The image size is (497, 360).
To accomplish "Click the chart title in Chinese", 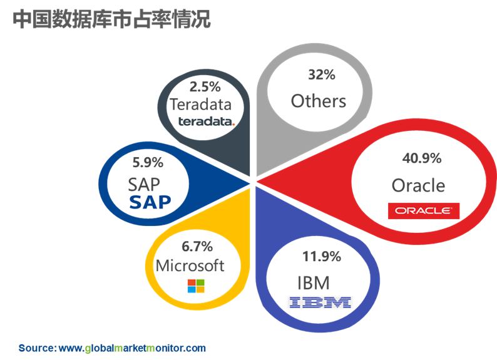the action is point(111,19).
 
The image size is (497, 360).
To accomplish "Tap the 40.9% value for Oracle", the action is point(422,158).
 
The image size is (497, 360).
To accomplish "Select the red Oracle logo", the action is point(424,211).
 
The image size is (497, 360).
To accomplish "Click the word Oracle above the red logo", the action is point(418,185).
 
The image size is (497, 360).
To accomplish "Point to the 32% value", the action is point(322,75).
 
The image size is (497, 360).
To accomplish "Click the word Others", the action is point(319,101).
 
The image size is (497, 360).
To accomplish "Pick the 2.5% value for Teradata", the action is point(205,87).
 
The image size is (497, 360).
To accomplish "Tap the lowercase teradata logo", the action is point(207,121).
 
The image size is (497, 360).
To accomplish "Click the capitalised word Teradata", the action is point(201,105).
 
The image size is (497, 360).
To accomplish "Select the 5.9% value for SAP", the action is point(148,163).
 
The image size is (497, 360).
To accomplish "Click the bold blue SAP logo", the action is point(150,202).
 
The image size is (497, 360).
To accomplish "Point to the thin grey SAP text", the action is point(144,185).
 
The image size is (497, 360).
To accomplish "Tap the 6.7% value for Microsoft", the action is point(197,247).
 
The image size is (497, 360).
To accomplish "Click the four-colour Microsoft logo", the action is point(196,286).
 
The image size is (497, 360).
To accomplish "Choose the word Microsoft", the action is point(190,265).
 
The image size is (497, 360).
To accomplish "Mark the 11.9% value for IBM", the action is point(322,256).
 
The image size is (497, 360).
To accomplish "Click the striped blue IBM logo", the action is point(320,302).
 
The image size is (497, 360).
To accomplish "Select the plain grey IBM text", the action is point(314,283).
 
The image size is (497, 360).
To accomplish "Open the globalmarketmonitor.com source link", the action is point(132,348).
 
